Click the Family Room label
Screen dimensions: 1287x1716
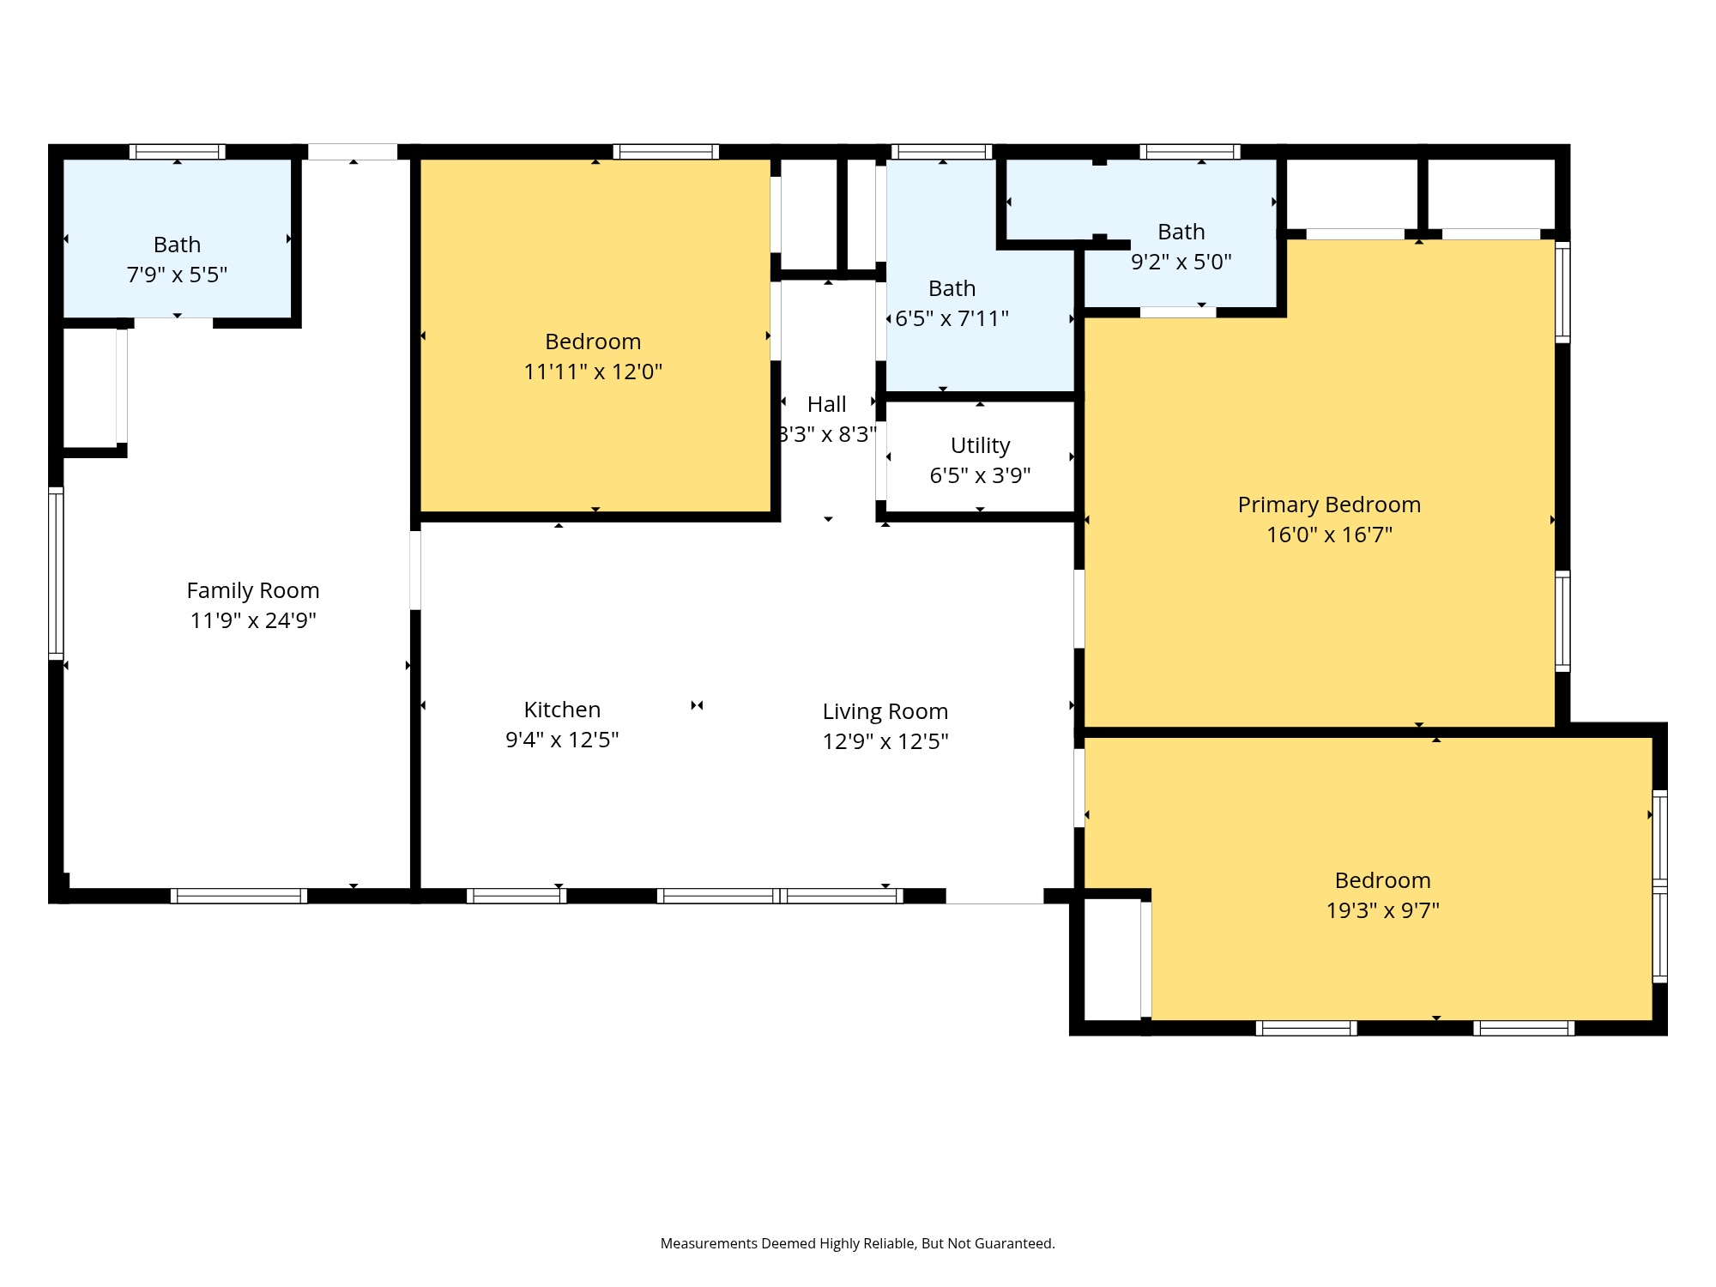(253, 590)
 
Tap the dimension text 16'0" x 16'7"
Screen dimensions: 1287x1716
(1329, 535)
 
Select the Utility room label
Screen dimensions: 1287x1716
(980, 445)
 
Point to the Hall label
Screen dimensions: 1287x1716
(826, 404)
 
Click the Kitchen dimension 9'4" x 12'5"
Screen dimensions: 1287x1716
(562, 740)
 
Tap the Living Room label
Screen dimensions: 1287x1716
(885, 711)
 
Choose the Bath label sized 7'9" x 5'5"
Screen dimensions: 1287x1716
(177, 245)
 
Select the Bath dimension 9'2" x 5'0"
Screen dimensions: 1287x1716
(1181, 262)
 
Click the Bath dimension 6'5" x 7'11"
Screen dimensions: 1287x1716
(952, 318)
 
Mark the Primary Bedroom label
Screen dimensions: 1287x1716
(1329, 505)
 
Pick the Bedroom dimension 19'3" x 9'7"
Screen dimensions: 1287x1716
(1382, 910)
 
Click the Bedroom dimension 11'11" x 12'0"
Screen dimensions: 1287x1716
(593, 372)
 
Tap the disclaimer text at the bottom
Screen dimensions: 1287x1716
(857, 1243)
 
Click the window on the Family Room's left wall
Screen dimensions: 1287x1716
(56, 573)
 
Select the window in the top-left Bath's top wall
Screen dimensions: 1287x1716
(178, 152)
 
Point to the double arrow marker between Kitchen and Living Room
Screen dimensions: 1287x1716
(697, 705)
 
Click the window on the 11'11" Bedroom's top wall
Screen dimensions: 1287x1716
(666, 152)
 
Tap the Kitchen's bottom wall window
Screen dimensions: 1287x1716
(516, 896)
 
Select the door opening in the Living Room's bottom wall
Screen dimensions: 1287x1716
(994, 896)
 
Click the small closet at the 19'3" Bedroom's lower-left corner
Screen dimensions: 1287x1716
(1112, 958)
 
